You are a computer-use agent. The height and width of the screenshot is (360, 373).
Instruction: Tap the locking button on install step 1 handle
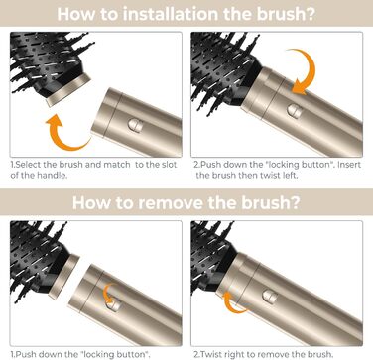[135, 125]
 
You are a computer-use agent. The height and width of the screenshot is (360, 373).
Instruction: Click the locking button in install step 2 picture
[294, 111]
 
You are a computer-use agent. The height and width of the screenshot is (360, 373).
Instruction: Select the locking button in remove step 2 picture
[270, 297]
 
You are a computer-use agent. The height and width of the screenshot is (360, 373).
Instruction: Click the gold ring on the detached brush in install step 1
[68, 90]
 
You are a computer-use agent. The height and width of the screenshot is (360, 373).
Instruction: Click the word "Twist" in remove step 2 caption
[210, 355]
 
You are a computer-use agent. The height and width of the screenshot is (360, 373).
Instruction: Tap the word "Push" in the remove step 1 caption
[25, 355]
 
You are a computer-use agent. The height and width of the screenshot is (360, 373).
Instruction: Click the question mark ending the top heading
[310, 14]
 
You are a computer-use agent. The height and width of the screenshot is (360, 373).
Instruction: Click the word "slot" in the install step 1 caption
[170, 165]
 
